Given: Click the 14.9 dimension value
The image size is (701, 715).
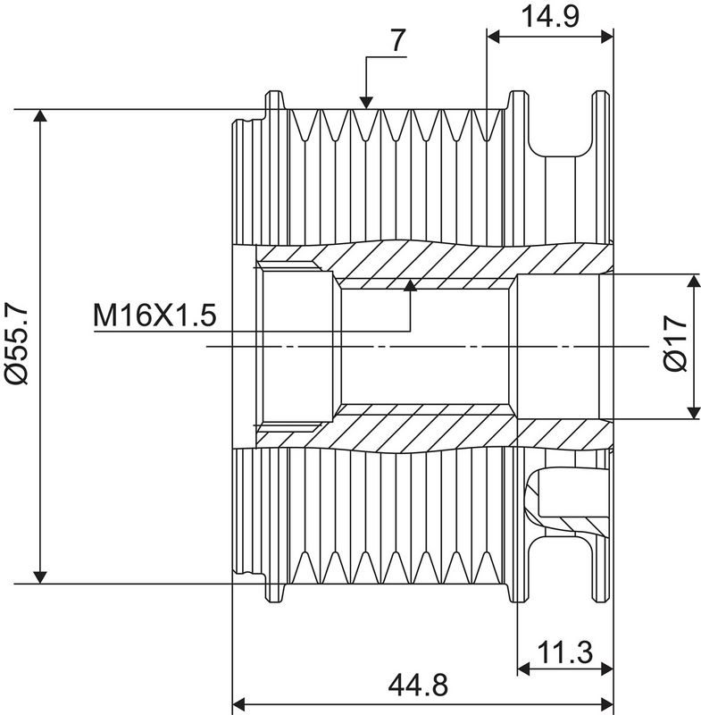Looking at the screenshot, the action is tap(550, 17).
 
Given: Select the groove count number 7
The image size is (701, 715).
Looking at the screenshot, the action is tap(397, 40).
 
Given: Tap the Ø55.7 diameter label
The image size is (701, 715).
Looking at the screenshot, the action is tap(17, 345).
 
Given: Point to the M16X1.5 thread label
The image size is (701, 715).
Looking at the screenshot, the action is tap(154, 315).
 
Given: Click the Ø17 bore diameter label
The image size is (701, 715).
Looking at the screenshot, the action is tap(675, 343).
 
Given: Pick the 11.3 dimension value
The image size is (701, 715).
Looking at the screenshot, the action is tap(565, 652).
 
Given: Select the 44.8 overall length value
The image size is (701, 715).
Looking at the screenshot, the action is tap(419, 685).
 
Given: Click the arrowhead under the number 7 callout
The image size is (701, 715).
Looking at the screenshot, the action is tap(366, 103).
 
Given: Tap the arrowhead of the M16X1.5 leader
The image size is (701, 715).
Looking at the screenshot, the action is tap(411, 285).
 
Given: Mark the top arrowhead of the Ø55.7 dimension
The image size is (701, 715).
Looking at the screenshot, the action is tap(40, 116).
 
